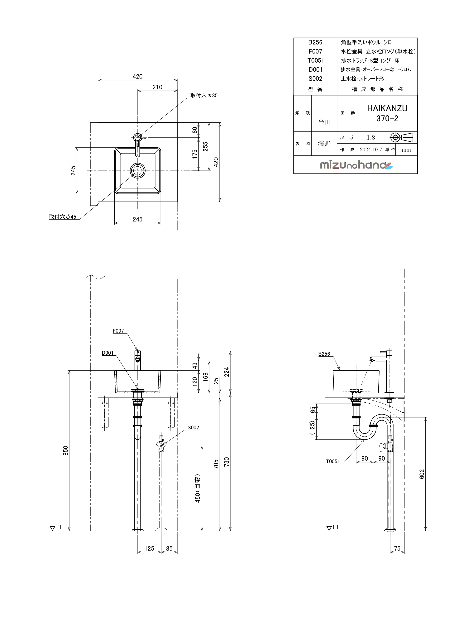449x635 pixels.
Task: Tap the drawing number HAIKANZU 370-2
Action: pyautogui.click(x=387, y=113)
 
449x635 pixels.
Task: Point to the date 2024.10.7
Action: pyautogui.click(x=371, y=150)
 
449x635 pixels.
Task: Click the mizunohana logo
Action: pyautogui.click(x=356, y=165)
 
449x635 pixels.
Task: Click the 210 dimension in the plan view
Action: pyautogui.click(x=157, y=87)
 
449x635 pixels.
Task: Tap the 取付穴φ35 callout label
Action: pyautogui.click(x=204, y=95)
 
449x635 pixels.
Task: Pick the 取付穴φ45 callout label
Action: pyautogui.click(x=63, y=217)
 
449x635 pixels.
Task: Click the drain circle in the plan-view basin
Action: pyautogui.click(x=137, y=171)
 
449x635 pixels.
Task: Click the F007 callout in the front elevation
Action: pyautogui.click(x=118, y=331)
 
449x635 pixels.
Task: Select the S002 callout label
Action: pyautogui.click(x=193, y=428)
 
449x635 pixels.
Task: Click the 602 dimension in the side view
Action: pyautogui.click(x=422, y=474)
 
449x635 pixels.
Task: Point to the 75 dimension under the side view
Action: pyautogui.click(x=397, y=548)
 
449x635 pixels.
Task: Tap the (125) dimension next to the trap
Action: pyautogui.click(x=312, y=428)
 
